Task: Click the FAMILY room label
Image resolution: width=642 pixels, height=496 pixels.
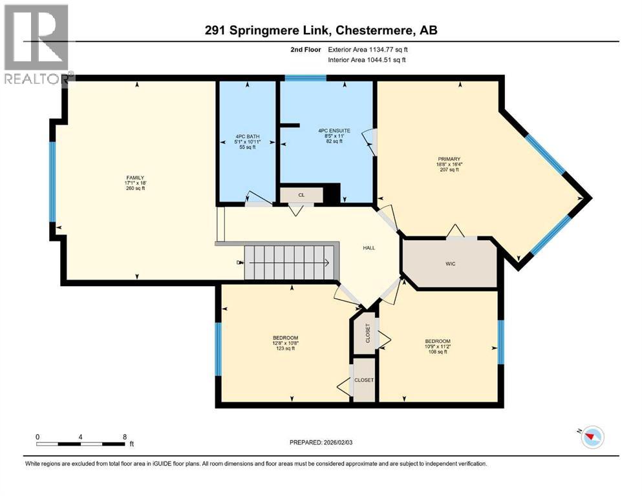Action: pos(135,178)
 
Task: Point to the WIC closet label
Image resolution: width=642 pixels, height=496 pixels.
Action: pos(451,263)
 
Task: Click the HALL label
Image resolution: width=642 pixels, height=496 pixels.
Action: pos(369,247)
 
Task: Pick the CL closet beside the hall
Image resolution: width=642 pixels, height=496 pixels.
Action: pos(301,194)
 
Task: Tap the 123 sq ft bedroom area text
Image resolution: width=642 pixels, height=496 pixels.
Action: pos(285,349)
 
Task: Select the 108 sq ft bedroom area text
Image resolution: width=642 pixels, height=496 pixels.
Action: pos(437,352)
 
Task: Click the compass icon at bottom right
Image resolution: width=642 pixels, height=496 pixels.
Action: pos(591,438)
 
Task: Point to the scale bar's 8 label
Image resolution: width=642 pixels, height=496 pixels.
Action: pos(124,437)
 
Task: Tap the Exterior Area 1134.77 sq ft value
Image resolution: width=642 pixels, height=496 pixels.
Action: pos(378,48)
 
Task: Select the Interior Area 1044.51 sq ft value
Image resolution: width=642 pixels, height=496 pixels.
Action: pos(378,60)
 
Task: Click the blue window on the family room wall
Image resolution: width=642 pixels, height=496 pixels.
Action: pos(52,181)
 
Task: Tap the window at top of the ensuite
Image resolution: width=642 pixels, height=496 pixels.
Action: pos(305,78)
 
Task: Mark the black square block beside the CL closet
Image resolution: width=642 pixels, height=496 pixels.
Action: pos(331,194)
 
